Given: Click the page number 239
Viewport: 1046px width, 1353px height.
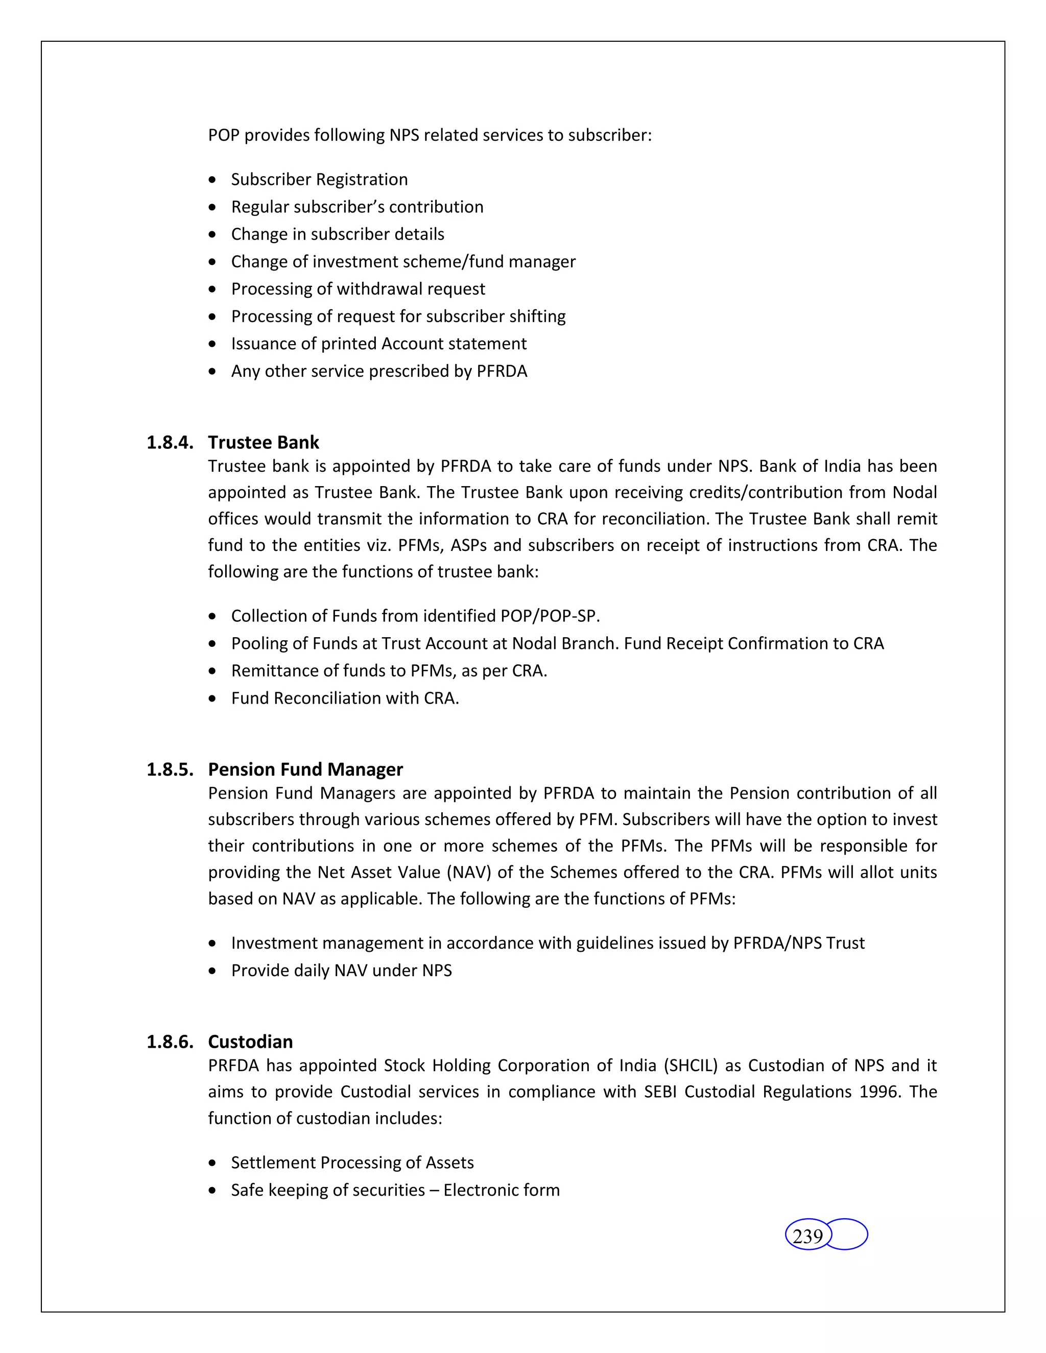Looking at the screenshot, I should (x=807, y=1236).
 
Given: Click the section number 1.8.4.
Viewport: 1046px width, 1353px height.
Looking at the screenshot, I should (x=170, y=442).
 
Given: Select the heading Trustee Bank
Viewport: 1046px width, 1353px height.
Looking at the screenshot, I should (x=264, y=442).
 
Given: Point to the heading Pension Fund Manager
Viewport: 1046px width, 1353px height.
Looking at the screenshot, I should (x=305, y=769).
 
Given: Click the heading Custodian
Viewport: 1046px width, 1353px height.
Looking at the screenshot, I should (x=250, y=1042).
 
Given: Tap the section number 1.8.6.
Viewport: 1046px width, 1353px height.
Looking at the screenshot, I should (x=170, y=1042).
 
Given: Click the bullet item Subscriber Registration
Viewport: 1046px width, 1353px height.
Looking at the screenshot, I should (x=319, y=180).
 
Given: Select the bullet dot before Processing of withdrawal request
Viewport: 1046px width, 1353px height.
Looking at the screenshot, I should (x=212, y=289).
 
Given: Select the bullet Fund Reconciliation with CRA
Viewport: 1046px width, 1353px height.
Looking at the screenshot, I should (x=345, y=698).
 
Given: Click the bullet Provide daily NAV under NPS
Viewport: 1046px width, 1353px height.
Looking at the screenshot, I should (x=342, y=970).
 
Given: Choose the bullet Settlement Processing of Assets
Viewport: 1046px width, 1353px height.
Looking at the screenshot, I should (x=352, y=1162).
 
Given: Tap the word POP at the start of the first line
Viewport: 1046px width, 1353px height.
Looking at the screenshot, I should (x=224, y=135).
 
